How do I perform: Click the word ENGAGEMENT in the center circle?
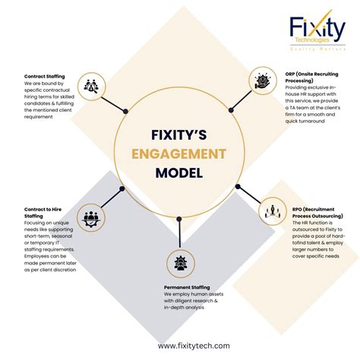tap(179, 153)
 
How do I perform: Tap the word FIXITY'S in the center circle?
tap(179, 134)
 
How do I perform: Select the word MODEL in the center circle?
tap(179, 172)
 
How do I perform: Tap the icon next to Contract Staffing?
tap(91, 86)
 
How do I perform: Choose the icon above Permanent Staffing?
tap(182, 263)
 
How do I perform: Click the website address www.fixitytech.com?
tap(194, 346)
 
